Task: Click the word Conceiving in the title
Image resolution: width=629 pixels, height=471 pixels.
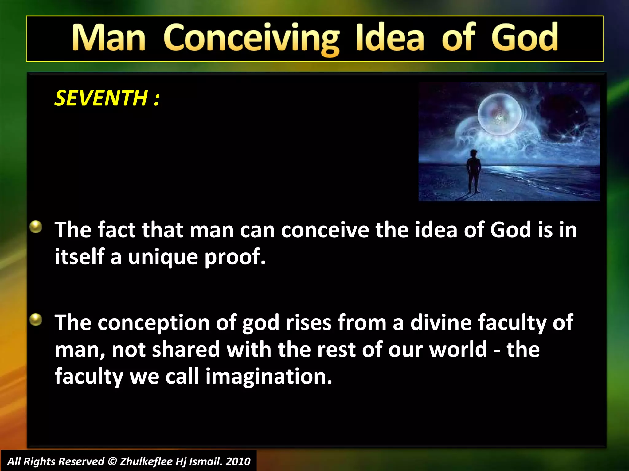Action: (251, 39)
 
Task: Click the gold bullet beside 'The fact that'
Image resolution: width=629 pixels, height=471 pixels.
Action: (36, 227)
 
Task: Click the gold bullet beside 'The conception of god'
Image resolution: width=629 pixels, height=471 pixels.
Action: (36, 320)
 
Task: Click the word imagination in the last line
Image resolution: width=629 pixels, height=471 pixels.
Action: (269, 377)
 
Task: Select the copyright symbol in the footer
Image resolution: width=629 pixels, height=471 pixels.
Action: (113, 461)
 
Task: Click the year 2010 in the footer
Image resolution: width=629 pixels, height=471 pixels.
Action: (238, 461)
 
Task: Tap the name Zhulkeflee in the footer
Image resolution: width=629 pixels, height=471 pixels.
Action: (146, 461)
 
